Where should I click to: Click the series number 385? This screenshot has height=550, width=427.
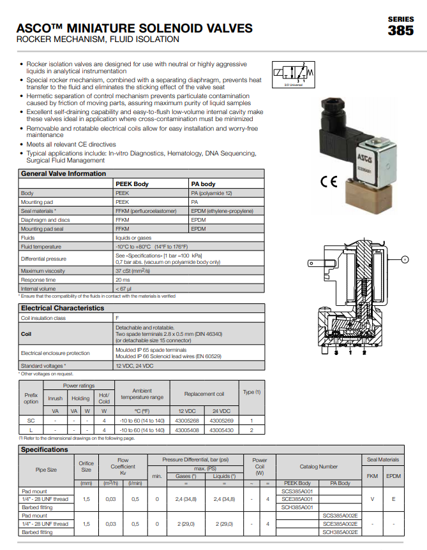400,30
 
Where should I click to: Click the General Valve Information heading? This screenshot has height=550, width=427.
63,173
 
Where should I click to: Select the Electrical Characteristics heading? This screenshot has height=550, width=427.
62,308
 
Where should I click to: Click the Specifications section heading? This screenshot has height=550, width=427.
44,449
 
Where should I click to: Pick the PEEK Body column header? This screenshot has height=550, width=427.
131,184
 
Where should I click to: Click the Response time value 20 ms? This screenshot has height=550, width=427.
123,280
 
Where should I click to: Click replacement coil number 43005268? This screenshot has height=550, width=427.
186,421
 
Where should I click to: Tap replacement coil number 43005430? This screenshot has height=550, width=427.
221,430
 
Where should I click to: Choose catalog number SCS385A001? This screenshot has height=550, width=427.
297,491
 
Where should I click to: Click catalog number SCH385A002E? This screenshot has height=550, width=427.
340,532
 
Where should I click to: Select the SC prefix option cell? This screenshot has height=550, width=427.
31,421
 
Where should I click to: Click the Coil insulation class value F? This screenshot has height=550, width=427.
117,317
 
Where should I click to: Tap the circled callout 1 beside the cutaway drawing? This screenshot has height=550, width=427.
405,258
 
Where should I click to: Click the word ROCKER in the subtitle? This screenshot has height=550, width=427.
35,40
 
